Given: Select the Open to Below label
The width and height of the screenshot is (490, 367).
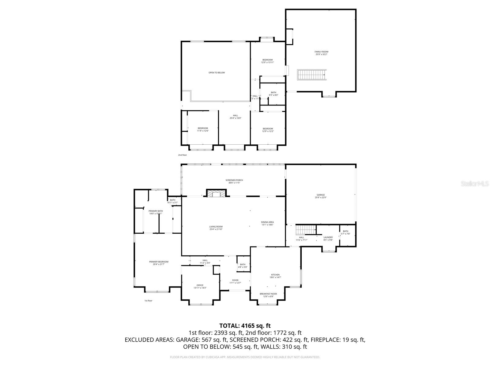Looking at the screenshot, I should (x=217, y=72).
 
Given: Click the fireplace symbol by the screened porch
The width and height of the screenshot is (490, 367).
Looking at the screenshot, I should (x=217, y=194).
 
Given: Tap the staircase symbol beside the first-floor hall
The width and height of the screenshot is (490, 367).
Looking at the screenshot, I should (x=306, y=230).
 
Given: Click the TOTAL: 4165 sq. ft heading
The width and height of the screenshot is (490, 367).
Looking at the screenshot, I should (x=245, y=326).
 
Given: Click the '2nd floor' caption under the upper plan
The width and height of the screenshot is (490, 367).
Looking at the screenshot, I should (x=183, y=155).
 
